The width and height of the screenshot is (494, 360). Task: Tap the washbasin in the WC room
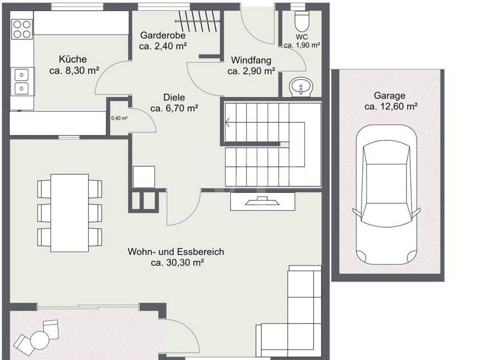coord(300,86)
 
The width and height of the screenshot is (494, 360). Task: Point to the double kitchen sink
coord(21,80)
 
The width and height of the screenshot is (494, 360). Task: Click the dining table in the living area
coord(69,212)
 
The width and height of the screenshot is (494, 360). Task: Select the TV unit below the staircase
coord(262,201)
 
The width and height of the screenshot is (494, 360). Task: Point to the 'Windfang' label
coord(250,60)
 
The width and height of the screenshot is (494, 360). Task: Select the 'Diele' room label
coord(173,97)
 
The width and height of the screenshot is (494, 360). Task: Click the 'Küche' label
coord(73,59)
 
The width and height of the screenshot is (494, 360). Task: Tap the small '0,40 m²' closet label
coord(119,118)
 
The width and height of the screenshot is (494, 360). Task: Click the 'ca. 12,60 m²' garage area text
coord(390,107)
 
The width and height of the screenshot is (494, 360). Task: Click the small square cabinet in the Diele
coord(143,175)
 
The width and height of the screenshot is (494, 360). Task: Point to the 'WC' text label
coord(302,37)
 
